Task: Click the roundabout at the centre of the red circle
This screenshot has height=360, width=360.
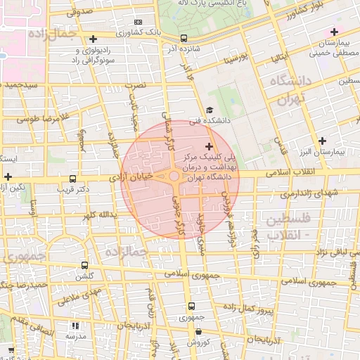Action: (174, 176)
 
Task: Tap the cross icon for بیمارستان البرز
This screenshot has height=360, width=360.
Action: (322, 141)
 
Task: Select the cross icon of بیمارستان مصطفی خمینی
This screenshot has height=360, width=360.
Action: (334, 32)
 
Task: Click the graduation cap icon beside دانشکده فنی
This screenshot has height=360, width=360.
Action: (209, 110)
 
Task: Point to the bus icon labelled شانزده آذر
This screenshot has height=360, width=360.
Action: (184, 39)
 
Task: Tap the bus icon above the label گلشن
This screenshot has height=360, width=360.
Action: (85, 266)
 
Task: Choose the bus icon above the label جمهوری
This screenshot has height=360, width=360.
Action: (191, 306)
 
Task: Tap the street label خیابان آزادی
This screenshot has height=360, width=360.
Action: (133, 179)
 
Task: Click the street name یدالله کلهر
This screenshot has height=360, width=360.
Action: (98, 214)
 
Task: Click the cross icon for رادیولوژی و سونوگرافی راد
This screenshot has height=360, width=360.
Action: (93, 39)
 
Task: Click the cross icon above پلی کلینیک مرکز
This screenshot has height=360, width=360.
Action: (208, 146)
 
